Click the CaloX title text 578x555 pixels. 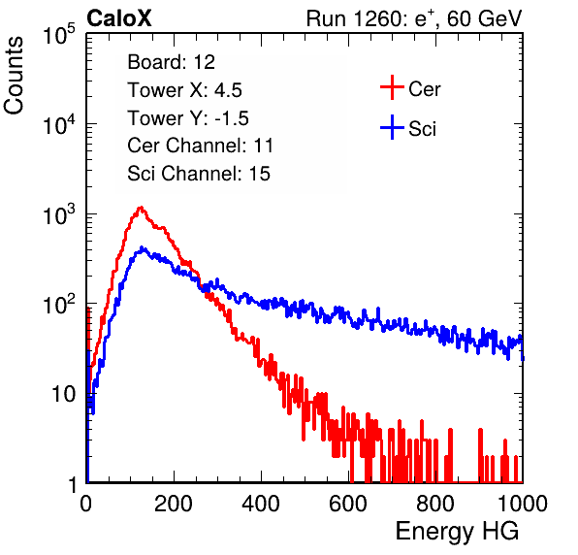119,18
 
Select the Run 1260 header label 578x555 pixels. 414,18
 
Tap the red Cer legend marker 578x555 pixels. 392,87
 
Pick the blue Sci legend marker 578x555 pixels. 392,128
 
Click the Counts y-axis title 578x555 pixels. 14,76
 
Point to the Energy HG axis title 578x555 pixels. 457,532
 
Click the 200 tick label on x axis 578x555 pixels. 174,504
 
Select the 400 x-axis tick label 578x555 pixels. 261,504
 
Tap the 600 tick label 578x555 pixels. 348,504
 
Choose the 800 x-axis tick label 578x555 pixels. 435,504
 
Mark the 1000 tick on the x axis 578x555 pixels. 523,504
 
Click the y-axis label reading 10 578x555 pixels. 64,394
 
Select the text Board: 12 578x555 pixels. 171,62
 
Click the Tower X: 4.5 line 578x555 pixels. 184,90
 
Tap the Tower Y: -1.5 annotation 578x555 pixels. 188,118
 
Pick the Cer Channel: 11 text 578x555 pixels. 200,146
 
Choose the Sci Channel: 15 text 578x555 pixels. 199,174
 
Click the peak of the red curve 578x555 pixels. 141,208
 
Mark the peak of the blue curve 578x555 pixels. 143,247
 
